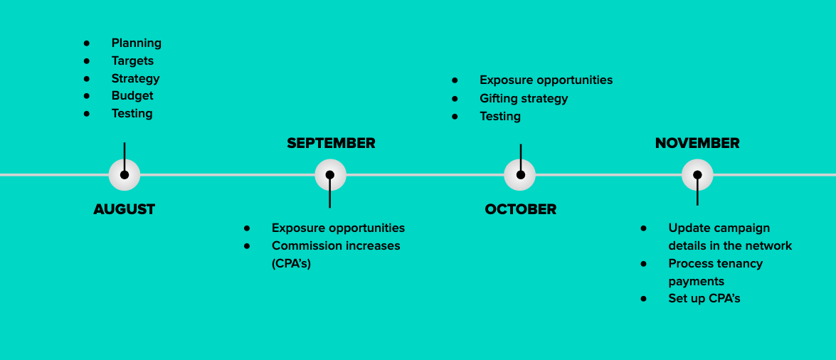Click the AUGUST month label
point(125,209)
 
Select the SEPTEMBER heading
point(331,143)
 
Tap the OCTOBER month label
point(520,209)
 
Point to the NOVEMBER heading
point(697,143)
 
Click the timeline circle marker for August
point(125,174)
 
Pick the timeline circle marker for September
point(330,174)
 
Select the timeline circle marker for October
point(520,174)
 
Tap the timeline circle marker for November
point(697,174)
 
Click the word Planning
point(137,43)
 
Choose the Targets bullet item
point(133,60)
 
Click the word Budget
point(132,95)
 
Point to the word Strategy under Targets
point(135,78)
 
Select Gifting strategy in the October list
point(524,99)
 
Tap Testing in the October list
point(500,116)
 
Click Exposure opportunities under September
point(338,228)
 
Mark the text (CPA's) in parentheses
point(291,263)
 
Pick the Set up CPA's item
point(704,298)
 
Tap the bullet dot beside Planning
point(86,43)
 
